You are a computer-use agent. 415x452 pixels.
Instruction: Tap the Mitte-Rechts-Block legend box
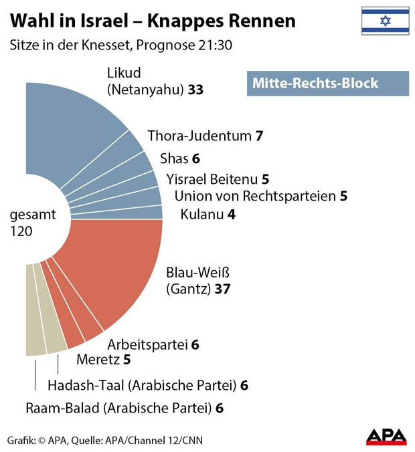[327, 84]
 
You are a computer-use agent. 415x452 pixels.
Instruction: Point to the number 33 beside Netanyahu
[195, 89]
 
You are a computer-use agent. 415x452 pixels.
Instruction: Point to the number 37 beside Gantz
[222, 290]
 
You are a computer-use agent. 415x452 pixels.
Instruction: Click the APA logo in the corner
[386, 437]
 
